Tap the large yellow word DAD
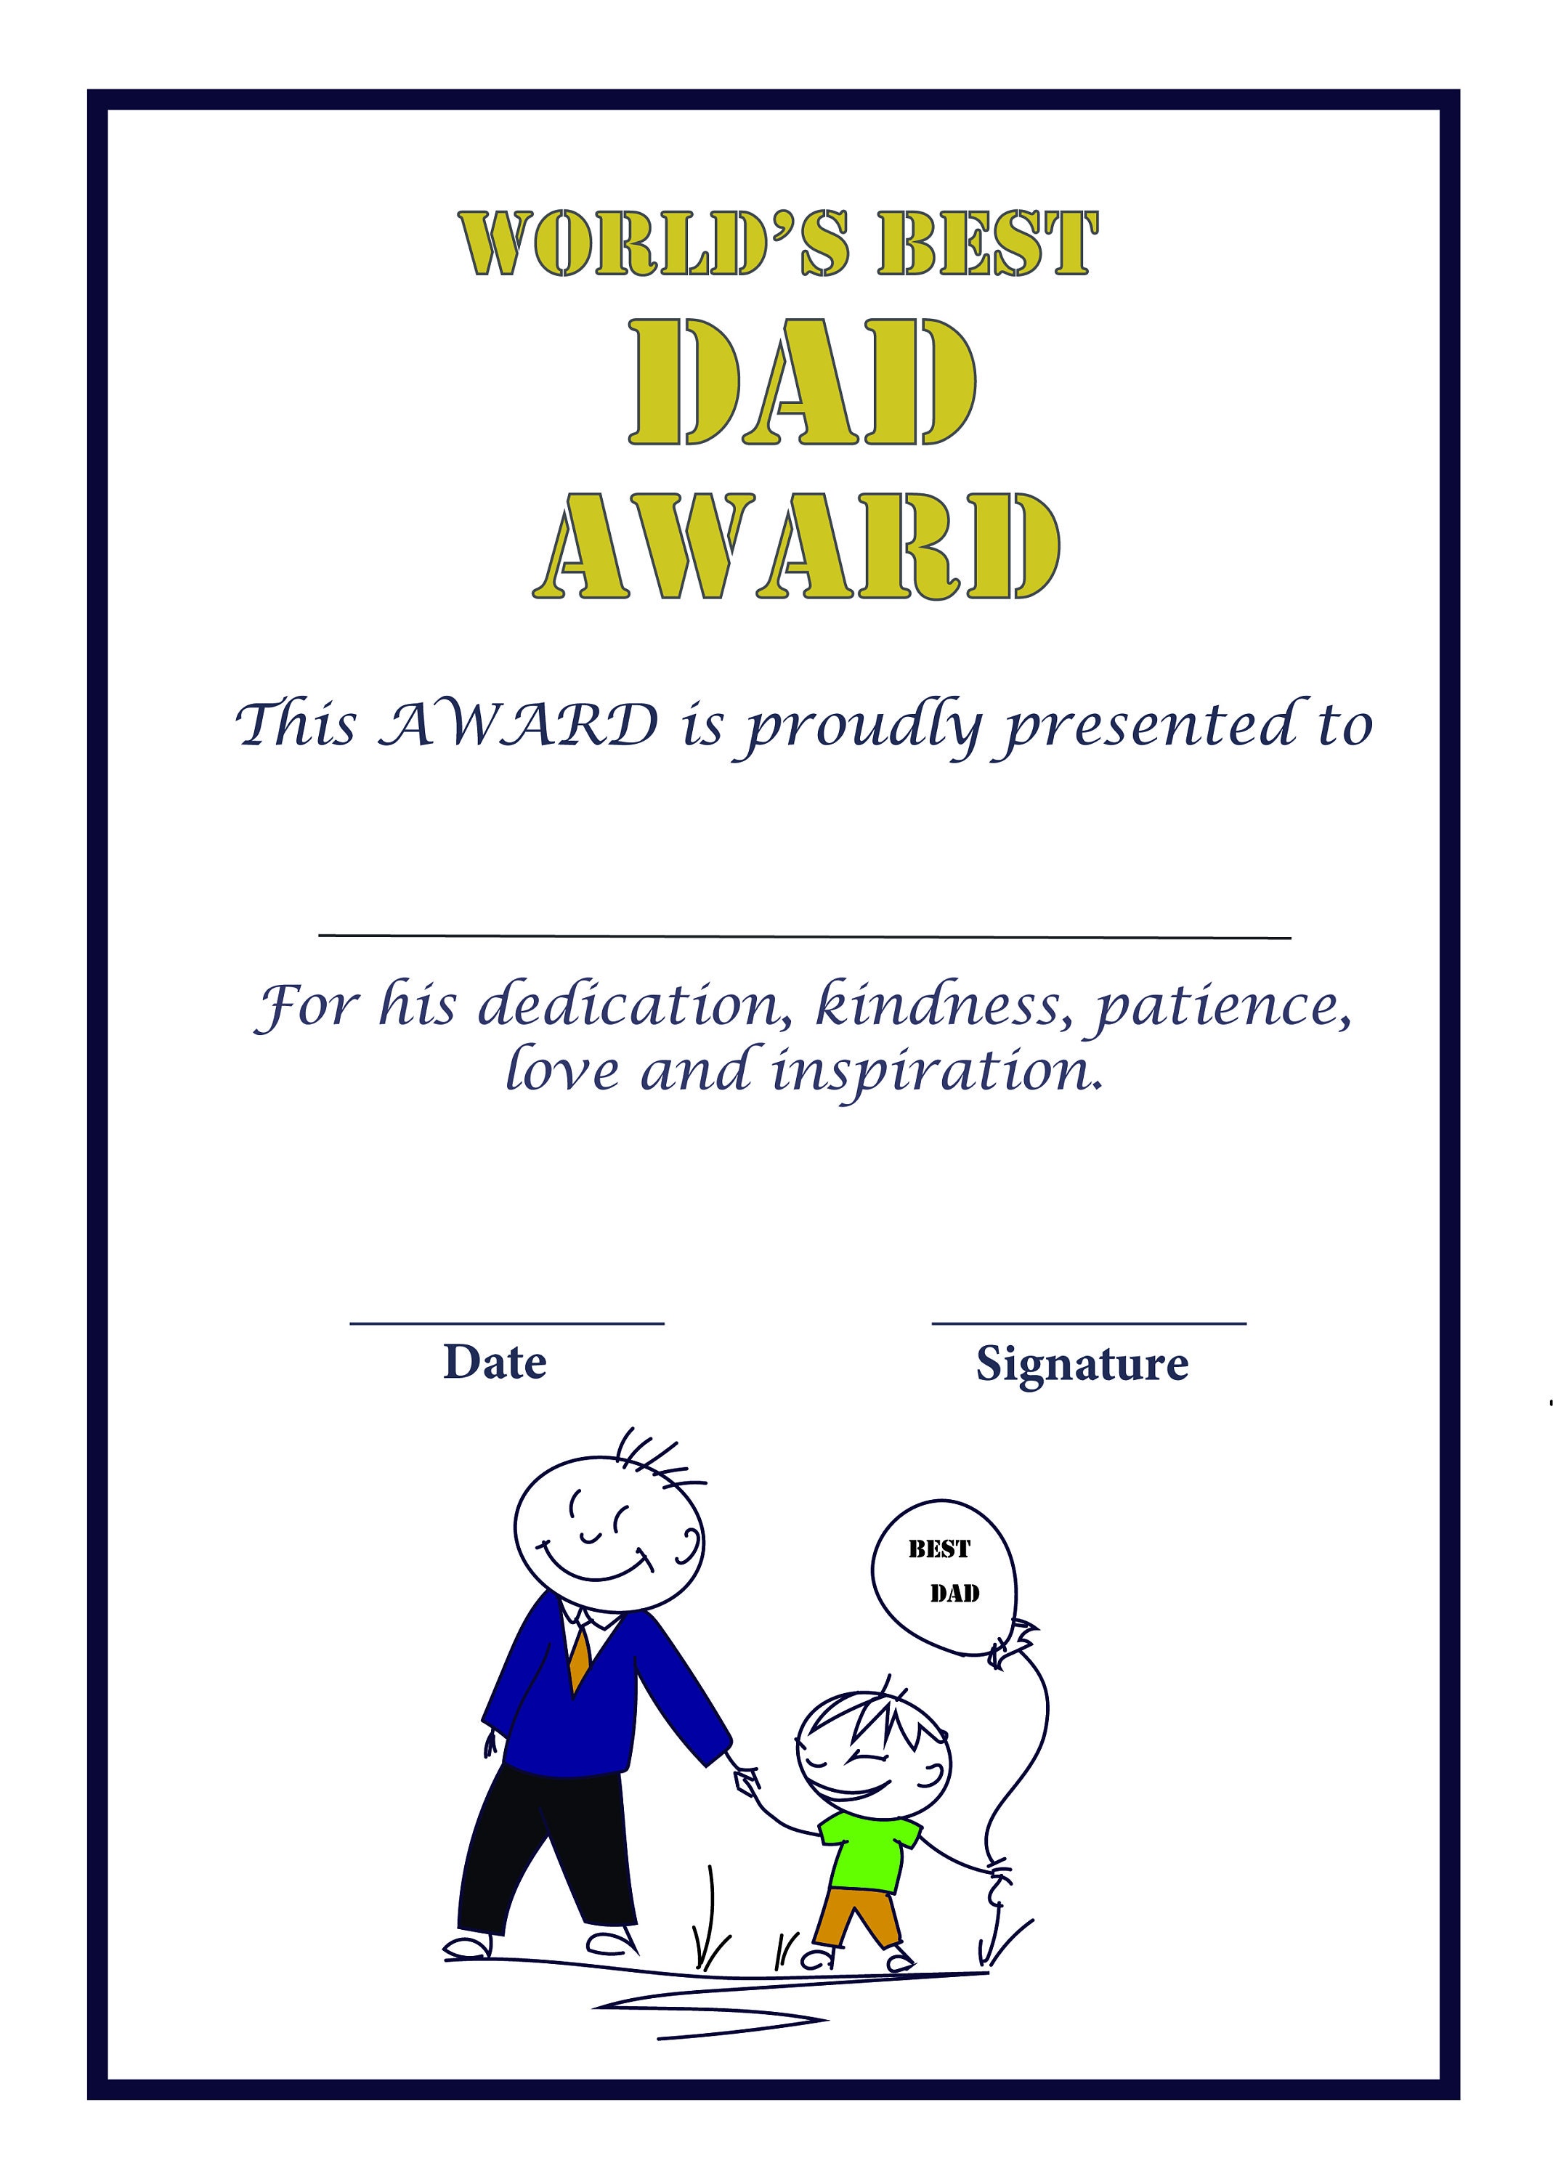(801, 383)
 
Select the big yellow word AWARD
(797, 548)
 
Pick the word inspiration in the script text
(936, 1071)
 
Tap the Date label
(495, 1362)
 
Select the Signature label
(1082, 1363)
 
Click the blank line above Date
(507, 1324)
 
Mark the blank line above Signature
(1089, 1324)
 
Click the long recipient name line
(804, 937)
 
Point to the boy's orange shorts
(857, 1913)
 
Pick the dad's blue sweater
(593, 1711)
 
